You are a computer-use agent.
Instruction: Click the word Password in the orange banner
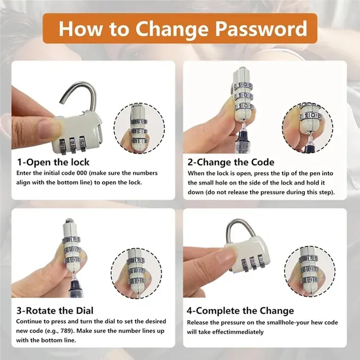(x=261, y=28)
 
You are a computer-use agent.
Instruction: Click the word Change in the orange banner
(x=172, y=29)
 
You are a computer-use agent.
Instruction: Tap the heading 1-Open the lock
(x=53, y=162)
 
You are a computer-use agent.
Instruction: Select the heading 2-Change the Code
(x=231, y=162)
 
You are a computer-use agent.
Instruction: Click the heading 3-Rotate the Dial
(x=55, y=310)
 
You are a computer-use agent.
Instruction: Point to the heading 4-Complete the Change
(x=240, y=310)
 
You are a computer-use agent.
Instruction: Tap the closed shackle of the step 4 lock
(x=241, y=230)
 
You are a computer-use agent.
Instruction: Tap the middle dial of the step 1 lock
(x=73, y=145)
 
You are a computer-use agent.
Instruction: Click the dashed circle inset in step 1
(x=139, y=128)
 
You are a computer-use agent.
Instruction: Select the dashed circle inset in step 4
(x=309, y=272)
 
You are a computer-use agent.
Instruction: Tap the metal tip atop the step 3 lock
(x=69, y=221)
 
